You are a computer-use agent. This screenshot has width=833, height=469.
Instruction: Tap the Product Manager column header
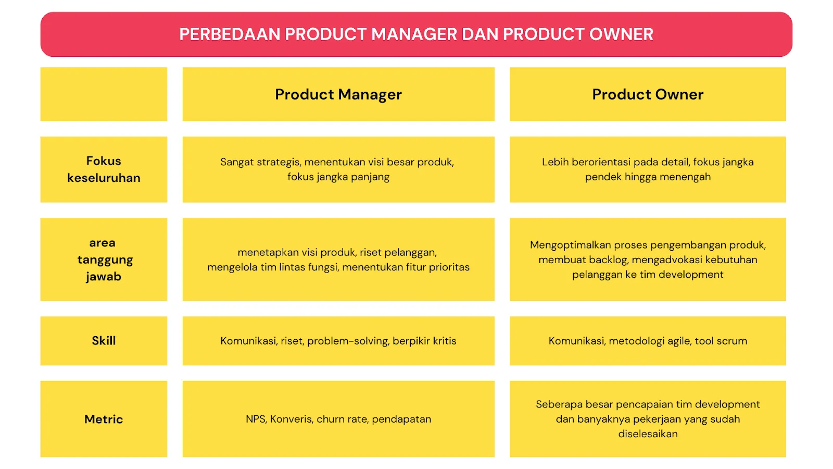click(338, 94)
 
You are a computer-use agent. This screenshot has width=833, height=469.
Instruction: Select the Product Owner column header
click(648, 94)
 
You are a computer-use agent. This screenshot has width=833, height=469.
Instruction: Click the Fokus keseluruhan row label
click(104, 169)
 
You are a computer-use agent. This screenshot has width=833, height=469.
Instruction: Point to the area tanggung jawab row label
click(104, 260)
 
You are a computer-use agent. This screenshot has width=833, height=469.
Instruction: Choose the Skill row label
click(104, 341)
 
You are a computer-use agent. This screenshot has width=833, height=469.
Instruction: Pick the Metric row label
click(104, 419)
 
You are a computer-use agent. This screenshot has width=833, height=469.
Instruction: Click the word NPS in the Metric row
click(256, 419)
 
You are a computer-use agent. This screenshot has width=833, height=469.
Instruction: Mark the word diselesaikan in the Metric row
click(648, 434)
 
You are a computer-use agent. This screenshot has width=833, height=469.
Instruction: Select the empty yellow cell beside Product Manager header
click(104, 94)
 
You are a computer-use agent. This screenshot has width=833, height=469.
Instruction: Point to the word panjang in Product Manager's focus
click(370, 177)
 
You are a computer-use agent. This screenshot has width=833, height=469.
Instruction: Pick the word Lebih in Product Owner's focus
click(555, 162)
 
